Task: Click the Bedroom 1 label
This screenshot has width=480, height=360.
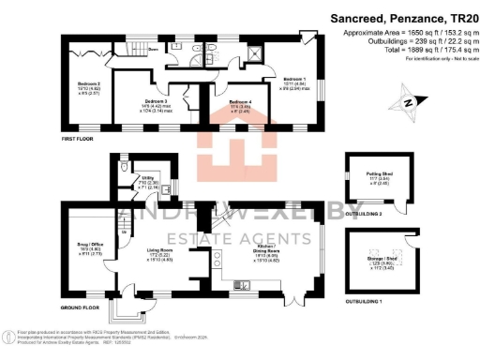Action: click(x=293, y=79)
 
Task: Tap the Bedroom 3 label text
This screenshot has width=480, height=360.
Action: click(x=156, y=100)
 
